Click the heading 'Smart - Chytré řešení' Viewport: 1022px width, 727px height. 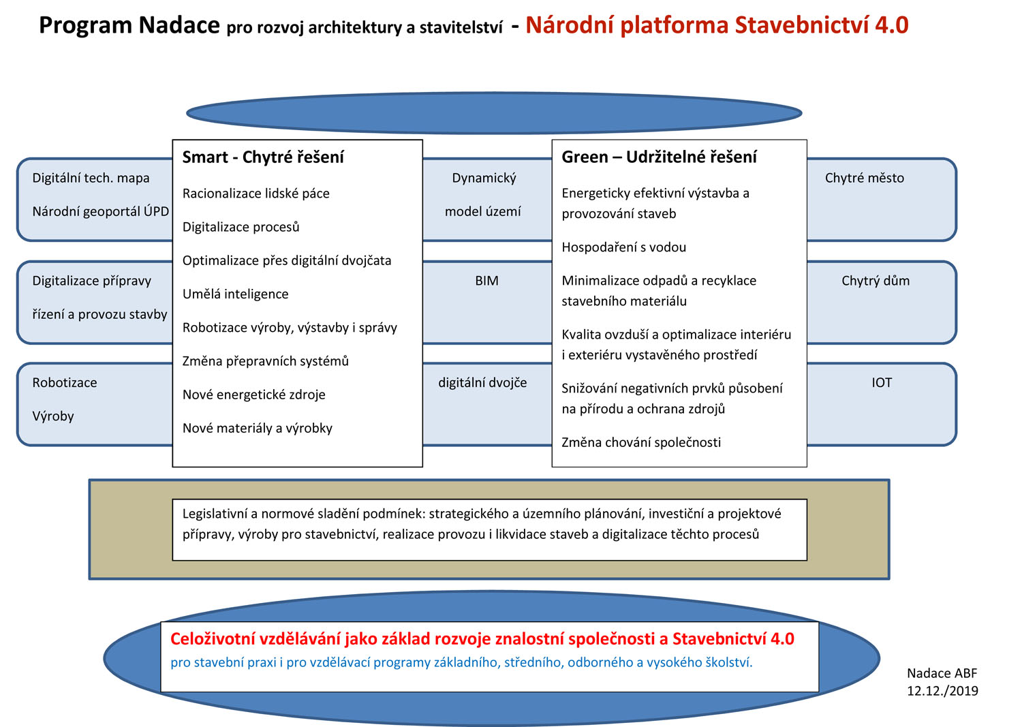tap(263, 157)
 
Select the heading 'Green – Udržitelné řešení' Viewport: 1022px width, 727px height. tap(659, 157)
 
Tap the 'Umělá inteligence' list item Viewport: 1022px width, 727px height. tap(235, 294)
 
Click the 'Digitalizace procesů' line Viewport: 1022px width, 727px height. tap(241, 227)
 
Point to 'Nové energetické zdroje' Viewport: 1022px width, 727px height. tap(253, 395)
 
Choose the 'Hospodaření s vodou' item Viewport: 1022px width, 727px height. tap(623, 247)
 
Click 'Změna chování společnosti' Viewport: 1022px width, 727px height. tap(641, 443)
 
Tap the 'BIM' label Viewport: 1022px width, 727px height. tap(486, 281)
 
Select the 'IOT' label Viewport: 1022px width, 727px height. tap(881, 383)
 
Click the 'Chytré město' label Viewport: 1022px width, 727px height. tap(864, 179)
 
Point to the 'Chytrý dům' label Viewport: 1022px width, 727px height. tap(875, 281)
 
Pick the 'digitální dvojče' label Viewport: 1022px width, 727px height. tap(482, 383)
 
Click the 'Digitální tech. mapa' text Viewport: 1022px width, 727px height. tap(91, 179)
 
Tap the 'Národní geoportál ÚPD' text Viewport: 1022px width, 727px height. tap(100, 212)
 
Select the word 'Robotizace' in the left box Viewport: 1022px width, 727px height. tap(65, 383)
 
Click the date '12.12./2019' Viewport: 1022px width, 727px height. tap(942, 691)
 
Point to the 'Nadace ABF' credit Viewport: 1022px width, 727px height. tap(942, 673)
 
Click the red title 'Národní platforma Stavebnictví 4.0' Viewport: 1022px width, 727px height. tap(717, 25)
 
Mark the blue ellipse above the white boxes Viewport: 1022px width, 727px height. tap(494, 113)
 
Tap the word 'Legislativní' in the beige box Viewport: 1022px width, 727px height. tap(214, 514)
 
